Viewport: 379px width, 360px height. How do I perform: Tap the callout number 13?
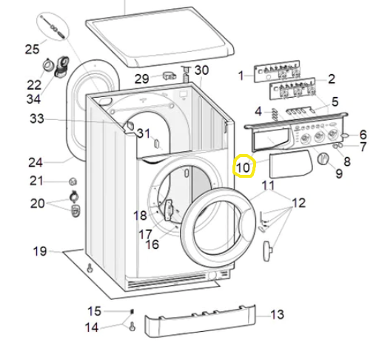pyautogui.click(x=276, y=315)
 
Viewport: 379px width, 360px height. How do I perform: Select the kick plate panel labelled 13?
pyautogui.click(x=200, y=322)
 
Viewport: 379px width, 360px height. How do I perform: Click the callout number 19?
pyautogui.click(x=40, y=251)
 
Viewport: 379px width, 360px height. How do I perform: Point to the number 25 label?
pyautogui.click(x=32, y=50)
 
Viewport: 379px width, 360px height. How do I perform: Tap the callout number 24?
pyautogui.click(x=36, y=162)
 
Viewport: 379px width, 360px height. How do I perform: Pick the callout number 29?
pyautogui.click(x=141, y=79)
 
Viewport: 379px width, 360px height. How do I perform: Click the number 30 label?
pyautogui.click(x=202, y=70)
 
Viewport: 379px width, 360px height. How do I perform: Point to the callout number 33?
pyautogui.click(x=37, y=119)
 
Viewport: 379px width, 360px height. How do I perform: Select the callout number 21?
pyautogui.click(x=37, y=181)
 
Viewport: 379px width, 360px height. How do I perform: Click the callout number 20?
pyautogui.click(x=37, y=203)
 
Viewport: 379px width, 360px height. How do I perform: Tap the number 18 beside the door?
pyautogui.click(x=140, y=216)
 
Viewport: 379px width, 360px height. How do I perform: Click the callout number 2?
pyautogui.click(x=332, y=79)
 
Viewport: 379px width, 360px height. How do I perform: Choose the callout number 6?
pyautogui.click(x=363, y=135)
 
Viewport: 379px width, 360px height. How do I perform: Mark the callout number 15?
pyautogui.click(x=94, y=310)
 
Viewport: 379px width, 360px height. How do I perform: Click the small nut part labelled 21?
pyautogui.click(x=72, y=181)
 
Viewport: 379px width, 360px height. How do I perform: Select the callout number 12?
pyautogui.click(x=298, y=202)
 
